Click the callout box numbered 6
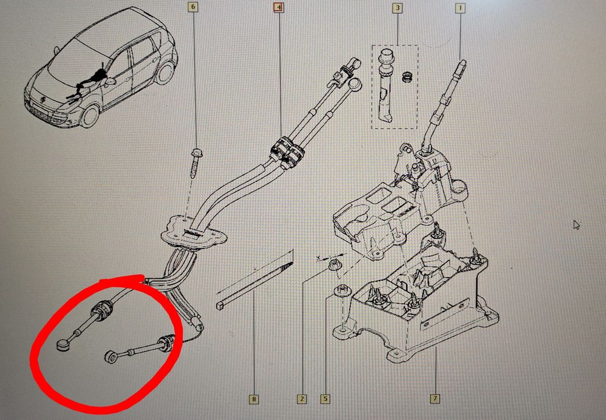coord(194,7)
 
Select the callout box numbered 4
coord(279,7)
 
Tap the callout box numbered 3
coord(397,8)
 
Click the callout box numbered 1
coord(460,8)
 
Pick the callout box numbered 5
coord(325,399)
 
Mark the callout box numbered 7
coord(435,398)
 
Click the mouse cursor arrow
coord(576,224)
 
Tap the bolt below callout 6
coord(194,162)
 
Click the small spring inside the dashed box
coord(406,78)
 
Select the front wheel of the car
coord(89,116)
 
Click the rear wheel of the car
coord(165,72)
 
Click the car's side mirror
coord(111,82)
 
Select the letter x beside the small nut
coord(318,257)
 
